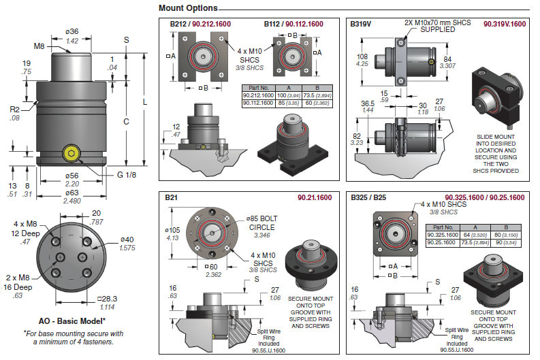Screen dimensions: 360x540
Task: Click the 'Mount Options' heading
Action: tap(188, 8)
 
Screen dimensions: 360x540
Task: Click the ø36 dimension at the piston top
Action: tap(71, 31)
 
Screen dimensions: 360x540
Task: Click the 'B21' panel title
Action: tap(172, 197)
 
